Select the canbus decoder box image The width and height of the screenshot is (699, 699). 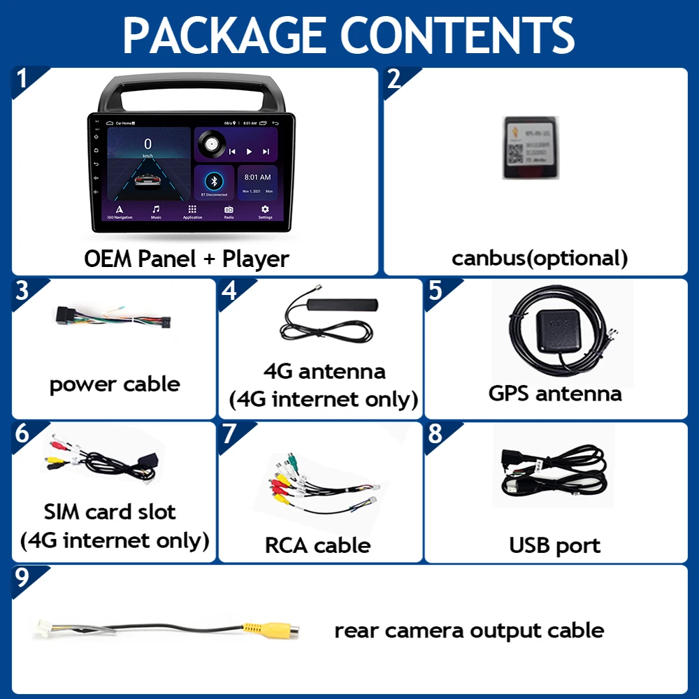(x=533, y=146)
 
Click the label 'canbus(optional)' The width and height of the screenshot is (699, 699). (x=540, y=258)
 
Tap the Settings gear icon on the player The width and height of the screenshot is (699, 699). (x=265, y=210)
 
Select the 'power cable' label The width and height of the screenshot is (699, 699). (x=115, y=384)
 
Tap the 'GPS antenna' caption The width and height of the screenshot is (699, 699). (x=555, y=393)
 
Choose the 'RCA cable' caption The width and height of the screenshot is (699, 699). (x=317, y=545)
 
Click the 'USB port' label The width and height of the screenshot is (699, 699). (x=554, y=545)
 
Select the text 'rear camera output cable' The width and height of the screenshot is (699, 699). (x=469, y=630)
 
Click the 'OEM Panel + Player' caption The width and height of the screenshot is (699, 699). (x=187, y=259)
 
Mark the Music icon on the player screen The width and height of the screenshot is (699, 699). (x=156, y=210)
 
